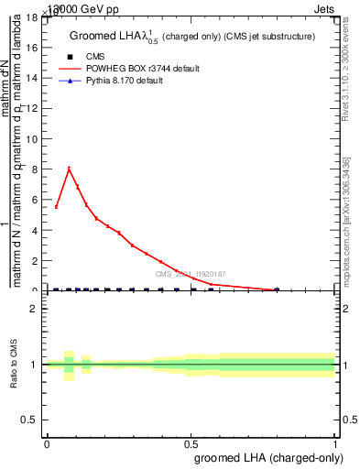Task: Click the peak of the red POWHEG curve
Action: click(69, 169)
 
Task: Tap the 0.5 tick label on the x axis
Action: click(191, 444)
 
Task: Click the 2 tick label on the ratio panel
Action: click(37, 308)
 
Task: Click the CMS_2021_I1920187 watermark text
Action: click(190, 274)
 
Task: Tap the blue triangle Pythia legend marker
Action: click(70, 82)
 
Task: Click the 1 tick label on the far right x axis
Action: click(335, 444)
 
